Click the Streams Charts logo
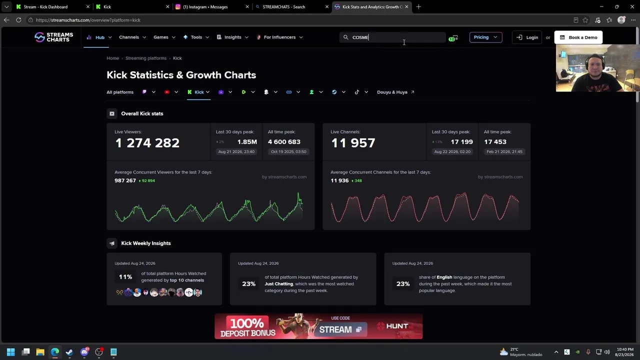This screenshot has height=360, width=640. [53, 37]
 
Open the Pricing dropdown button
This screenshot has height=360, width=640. [485, 37]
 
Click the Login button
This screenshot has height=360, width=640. [527, 37]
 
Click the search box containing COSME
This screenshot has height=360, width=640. [392, 37]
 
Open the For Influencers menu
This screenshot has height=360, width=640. [279, 37]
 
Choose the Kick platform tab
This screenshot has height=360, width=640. [198, 92]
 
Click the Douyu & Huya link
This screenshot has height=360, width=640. [395, 92]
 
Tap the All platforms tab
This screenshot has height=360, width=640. [120, 92]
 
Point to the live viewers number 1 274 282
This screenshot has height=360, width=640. [147, 143]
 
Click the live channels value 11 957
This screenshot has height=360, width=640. [353, 143]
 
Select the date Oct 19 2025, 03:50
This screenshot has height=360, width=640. [288, 151]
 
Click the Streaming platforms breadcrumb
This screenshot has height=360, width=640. [146, 58]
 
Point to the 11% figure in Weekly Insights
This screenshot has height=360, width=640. [125, 277]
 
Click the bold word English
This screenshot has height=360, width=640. [444, 277]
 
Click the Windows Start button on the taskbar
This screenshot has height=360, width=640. [11, 351]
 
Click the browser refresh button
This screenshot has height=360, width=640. [18, 20]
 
